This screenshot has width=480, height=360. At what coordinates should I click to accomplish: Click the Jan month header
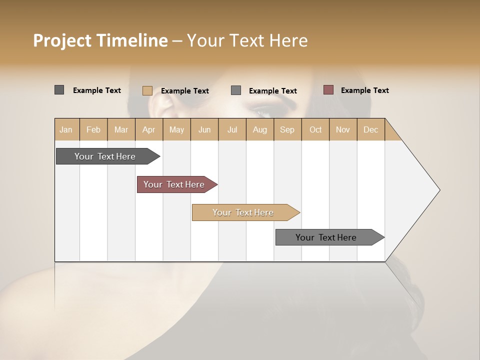click(x=66, y=129)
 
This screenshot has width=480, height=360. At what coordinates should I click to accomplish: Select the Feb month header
click(x=93, y=129)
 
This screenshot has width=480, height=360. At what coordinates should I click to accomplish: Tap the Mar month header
click(x=121, y=129)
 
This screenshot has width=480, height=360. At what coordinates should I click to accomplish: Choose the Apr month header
click(x=149, y=129)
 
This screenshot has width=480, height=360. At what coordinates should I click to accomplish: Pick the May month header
click(x=176, y=129)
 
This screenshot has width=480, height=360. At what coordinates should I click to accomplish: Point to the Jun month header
click(x=204, y=129)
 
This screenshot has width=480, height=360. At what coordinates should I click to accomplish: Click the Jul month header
click(x=232, y=129)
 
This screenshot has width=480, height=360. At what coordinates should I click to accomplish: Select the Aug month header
click(x=259, y=129)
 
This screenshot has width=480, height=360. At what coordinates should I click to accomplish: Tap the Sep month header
click(x=287, y=129)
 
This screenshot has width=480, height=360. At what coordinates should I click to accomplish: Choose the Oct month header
click(x=315, y=129)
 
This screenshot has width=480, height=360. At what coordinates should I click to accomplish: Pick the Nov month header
click(x=343, y=129)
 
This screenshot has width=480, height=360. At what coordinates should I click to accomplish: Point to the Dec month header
click(x=370, y=129)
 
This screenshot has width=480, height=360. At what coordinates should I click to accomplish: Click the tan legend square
click(x=147, y=90)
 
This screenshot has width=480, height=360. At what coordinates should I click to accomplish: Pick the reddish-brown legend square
click(x=328, y=90)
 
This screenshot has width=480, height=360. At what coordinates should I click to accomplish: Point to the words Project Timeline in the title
click(x=100, y=40)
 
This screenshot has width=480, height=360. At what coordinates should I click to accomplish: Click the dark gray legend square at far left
click(x=59, y=90)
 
